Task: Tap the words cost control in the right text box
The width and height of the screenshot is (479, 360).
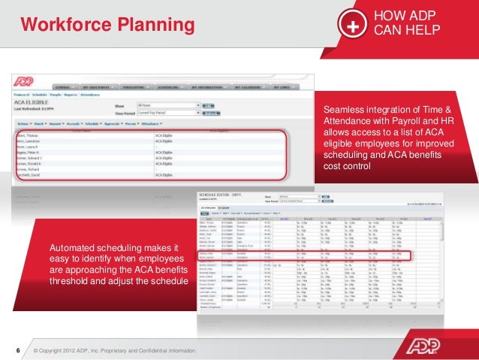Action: click(346, 165)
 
